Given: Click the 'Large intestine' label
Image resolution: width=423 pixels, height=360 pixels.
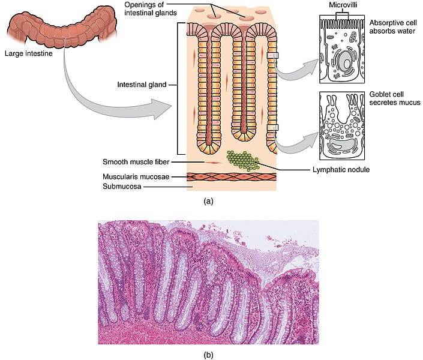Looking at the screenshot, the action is point(29,53).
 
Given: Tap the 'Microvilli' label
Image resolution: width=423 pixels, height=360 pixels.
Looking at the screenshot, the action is point(343,5).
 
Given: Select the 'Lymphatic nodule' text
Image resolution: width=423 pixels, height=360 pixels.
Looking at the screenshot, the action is point(341,169).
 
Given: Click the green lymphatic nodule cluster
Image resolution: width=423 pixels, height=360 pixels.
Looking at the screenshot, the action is point(242,161).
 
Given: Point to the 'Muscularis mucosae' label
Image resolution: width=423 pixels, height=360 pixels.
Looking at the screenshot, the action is point(136,177).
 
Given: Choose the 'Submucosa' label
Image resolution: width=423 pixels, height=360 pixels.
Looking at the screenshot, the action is point(122,187).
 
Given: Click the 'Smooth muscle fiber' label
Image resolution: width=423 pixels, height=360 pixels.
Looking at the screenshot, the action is point(136,162).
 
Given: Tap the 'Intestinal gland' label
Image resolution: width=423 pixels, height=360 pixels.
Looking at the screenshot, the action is point(142,85).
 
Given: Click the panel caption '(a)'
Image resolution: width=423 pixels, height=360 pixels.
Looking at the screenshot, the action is point(209,201).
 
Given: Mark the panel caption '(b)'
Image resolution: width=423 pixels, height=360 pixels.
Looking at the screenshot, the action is point(209,355).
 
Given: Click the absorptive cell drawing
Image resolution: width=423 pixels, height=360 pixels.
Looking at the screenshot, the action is point(342,49).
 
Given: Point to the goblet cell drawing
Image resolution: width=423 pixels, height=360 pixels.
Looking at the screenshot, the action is point(342,126).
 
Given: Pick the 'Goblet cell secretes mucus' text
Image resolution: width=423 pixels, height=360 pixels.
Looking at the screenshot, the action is point(395,98).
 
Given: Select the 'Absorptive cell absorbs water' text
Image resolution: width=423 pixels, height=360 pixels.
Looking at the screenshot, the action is point(392,27).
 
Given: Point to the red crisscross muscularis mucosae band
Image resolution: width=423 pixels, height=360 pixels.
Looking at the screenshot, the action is point(232,177).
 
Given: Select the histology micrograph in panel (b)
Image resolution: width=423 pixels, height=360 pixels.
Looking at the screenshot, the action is point(208,282).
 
